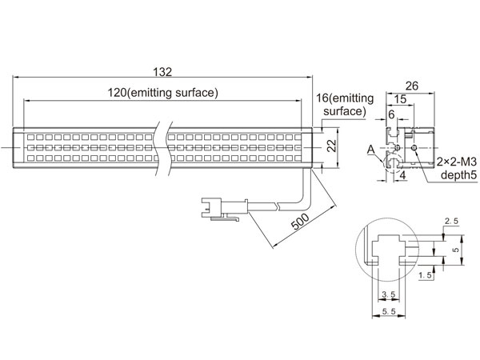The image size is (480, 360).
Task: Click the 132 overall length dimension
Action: click(162, 72)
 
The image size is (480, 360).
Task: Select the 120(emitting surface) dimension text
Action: click(163, 93)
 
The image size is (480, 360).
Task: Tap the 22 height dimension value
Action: click(332, 146)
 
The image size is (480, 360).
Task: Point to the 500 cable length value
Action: click(300, 222)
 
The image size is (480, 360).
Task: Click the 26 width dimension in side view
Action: click(412, 86)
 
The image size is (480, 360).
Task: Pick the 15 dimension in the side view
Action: click(400, 99)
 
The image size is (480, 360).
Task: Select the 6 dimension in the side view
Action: click(391, 114)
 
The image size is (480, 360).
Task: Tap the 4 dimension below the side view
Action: click(403, 175)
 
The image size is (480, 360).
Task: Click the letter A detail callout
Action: click(370, 150)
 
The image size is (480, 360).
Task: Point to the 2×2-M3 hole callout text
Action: click(457, 162)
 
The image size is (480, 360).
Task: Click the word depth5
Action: click(458, 175)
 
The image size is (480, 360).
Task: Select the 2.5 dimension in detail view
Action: click(451, 221)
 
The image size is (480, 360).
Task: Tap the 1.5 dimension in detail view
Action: click(426, 275)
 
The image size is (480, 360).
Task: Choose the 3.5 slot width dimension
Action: click(389, 294)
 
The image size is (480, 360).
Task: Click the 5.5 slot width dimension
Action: click(389, 312)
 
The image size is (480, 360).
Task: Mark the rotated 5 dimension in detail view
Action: click(456, 250)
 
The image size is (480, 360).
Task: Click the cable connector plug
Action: click(224, 209)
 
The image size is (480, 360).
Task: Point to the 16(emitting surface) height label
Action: click(345, 105)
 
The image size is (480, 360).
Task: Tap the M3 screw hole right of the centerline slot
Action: click(414, 148)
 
